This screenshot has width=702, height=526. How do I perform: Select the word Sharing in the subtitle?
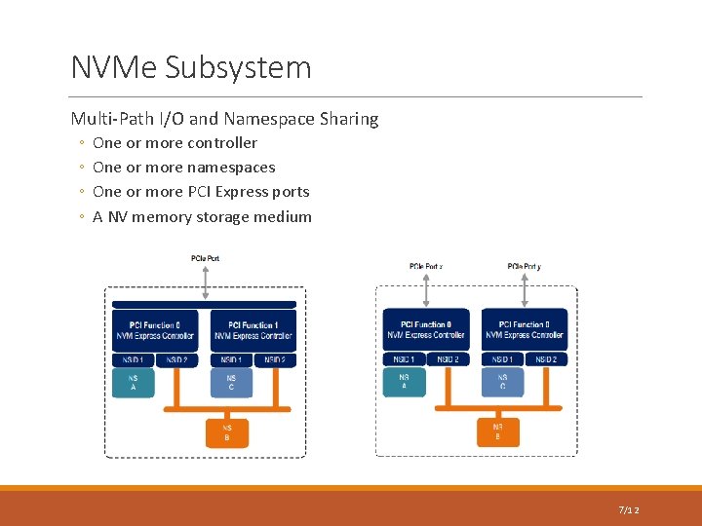coord(349,119)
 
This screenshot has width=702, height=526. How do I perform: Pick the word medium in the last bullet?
coord(285,217)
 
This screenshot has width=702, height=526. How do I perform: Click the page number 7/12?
coord(629,510)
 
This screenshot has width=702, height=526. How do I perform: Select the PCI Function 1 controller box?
coord(253,330)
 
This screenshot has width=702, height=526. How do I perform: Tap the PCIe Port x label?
coord(426,266)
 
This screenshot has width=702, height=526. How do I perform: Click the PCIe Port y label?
coord(525,266)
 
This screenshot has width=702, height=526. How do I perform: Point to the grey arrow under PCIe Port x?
coord(426,289)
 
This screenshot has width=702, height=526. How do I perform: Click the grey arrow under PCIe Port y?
coord(525,289)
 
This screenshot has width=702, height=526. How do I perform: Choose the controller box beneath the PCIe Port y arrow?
coord(525,329)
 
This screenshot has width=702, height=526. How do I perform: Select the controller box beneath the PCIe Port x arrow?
coord(426,329)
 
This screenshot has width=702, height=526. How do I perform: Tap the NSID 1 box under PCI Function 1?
coord(231,359)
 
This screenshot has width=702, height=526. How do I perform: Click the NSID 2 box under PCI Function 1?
coord(274,359)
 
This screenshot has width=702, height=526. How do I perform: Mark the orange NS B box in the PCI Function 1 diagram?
coord(227,432)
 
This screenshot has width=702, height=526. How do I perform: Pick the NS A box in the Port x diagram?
coord(404,382)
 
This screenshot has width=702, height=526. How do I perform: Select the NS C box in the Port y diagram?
coord(502,382)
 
